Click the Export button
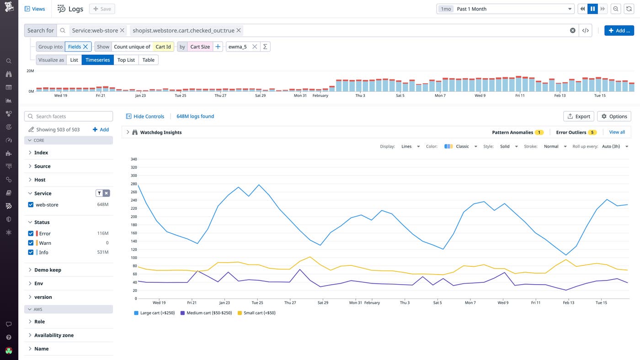click(578, 116)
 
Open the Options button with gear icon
click(614, 116)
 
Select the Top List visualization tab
click(126, 60)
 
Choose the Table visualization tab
click(148, 60)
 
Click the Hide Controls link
click(145, 116)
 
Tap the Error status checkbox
click(31, 233)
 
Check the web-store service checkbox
click(31, 205)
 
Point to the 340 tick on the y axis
click(133, 159)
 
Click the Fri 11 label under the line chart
click(536, 302)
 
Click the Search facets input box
click(69, 116)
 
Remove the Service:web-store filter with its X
click(122, 31)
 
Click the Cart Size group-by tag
click(200, 47)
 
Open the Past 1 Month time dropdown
click(505, 9)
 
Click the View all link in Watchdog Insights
click(617, 132)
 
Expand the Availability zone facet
click(53, 335)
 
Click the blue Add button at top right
click(619, 31)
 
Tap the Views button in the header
click(35, 9)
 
